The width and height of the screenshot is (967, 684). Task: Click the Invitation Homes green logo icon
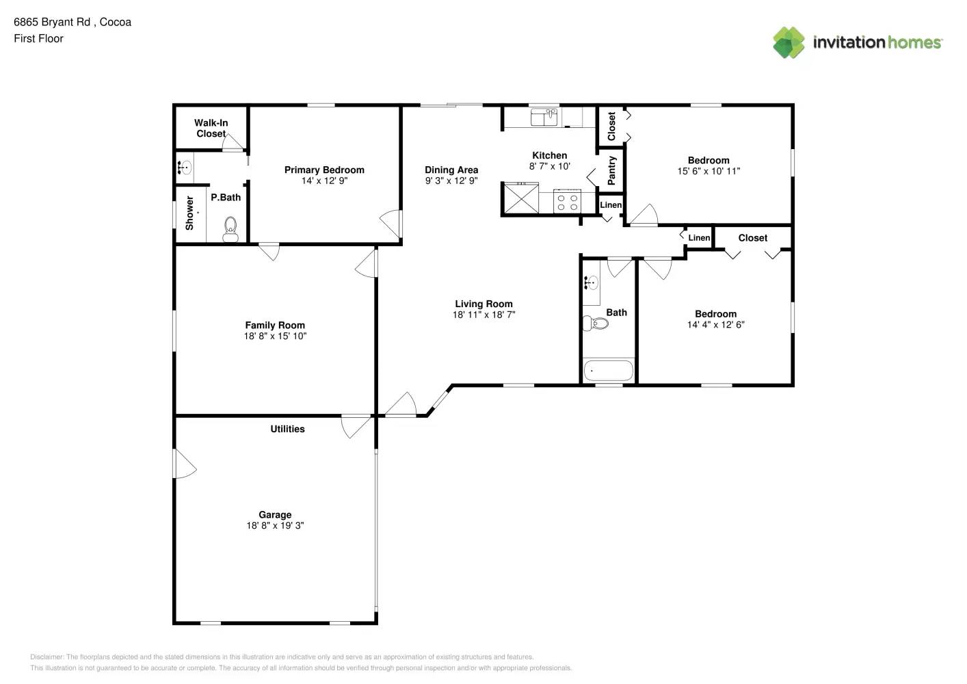pos(789,42)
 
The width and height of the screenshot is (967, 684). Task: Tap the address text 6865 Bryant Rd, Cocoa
pos(72,22)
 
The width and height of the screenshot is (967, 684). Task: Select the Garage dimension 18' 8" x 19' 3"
pos(275,526)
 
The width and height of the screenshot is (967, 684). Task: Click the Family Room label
pos(275,326)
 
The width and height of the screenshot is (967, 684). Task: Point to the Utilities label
pos(287,429)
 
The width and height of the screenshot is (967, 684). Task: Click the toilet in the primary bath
pos(230,229)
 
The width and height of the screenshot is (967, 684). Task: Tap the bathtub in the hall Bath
pos(608,371)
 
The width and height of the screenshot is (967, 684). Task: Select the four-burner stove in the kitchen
pos(567,202)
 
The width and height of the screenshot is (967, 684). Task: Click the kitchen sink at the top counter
pos(544,117)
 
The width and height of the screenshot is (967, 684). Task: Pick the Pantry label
pos(611,170)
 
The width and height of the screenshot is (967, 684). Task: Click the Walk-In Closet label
pos(211,129)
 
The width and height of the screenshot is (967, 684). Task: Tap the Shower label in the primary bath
pos(189,213)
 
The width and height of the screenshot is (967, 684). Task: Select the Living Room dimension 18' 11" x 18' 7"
pos(483,315)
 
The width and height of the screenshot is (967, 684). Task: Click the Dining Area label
pos(451,170)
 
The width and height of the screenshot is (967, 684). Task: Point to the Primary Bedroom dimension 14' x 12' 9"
pos(324,181)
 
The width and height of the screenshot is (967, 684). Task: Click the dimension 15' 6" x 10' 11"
pos(708,171)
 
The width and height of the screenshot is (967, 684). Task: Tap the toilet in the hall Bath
pos(596,323)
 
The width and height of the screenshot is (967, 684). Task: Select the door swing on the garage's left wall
pos(185,464)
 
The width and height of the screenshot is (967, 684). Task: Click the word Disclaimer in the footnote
pos(47,657)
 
